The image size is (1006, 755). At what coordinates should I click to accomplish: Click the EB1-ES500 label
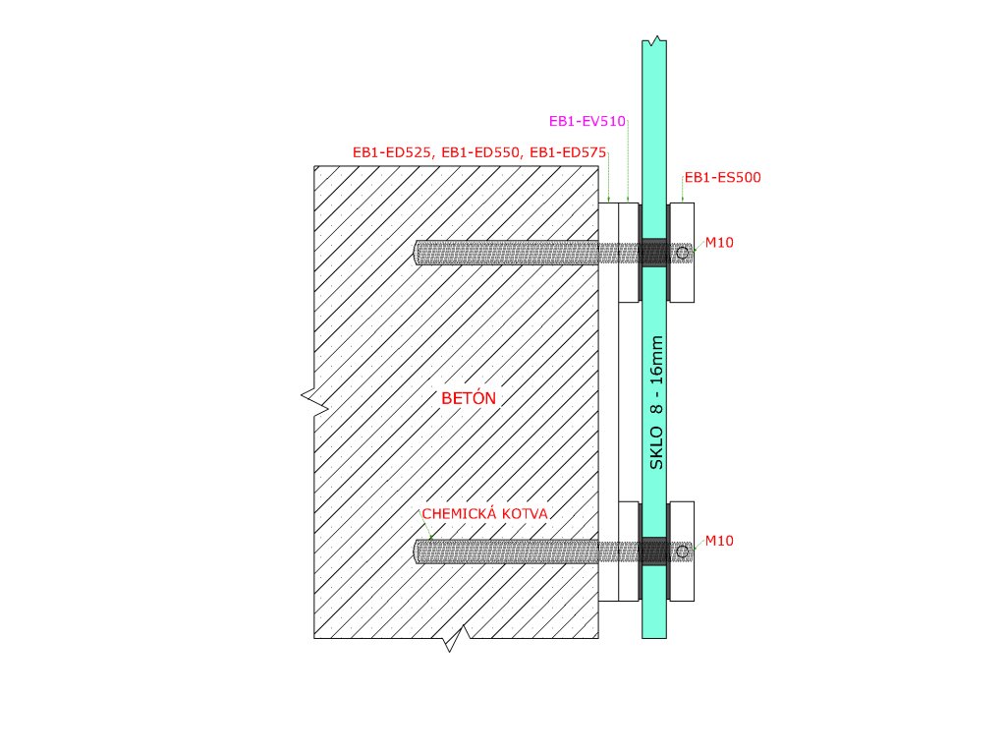tap(723, 178)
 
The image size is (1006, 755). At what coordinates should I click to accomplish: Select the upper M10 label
tap(720, 243)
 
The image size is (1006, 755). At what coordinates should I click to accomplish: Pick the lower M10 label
tap(720, 541)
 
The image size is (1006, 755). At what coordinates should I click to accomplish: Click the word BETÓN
tap(469, 398)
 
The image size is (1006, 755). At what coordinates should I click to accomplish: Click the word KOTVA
tap(525, 514)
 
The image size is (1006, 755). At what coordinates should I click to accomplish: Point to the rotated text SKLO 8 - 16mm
tap(657, 403)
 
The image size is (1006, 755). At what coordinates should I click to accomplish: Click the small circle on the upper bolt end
tap(682, 253)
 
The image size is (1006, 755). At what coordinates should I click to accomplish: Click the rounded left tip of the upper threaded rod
tap(419, 253)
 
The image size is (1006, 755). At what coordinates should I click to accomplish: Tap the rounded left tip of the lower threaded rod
tap(419, 552)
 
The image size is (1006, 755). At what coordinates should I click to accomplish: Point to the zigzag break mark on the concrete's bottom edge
tap(454, 642)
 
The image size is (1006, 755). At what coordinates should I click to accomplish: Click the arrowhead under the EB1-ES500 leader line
tap(682, 200)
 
